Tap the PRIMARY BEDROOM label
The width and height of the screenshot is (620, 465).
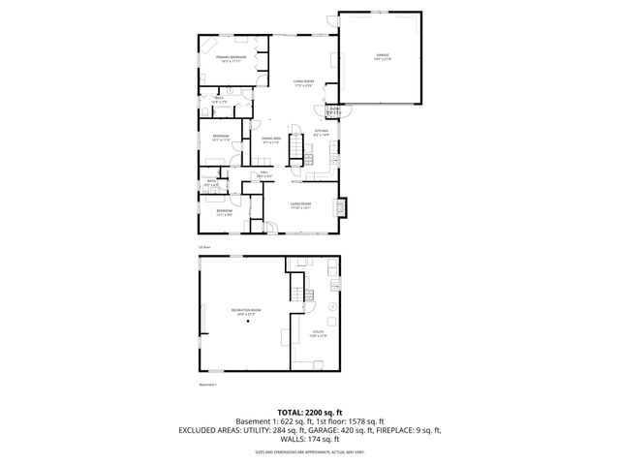pyautogui.click(x=231, y=59)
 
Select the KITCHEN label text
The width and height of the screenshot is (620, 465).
pyautogui.click(x=322, y=132)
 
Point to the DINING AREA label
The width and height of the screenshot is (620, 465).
pyautogui.click(x=271, y=140)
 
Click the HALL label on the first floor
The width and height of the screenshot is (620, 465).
pyautogui.click(x=263, y=174)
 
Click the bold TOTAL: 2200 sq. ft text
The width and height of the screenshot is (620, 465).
pyautogui.click(x=309, y=412)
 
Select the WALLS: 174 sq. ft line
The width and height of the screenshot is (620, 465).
pyautogui.click(x=309, y=440)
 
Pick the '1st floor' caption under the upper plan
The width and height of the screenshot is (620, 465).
pyautogui.click(x=204, y=248)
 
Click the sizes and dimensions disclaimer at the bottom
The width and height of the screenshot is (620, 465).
pyautogui.click(x=309, y=450)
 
